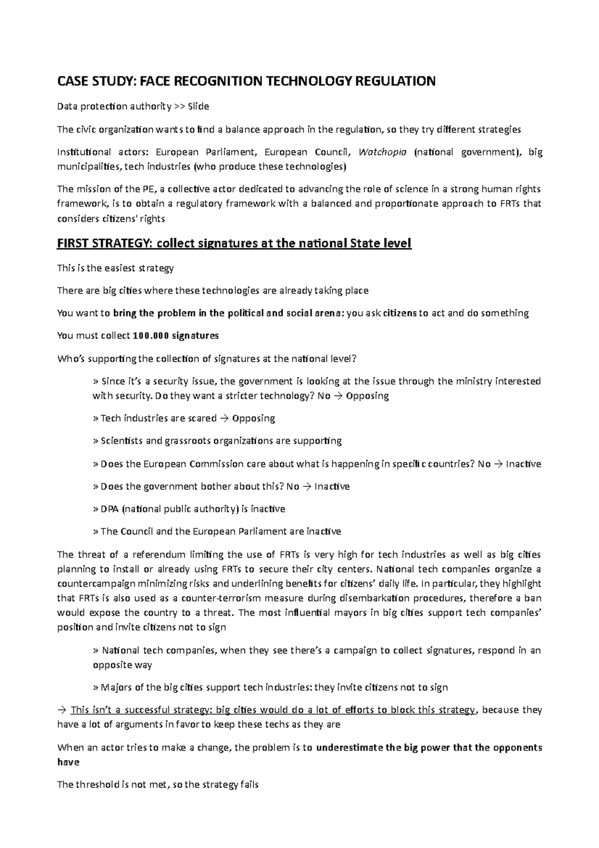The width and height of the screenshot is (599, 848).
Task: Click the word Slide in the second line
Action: [198, 106]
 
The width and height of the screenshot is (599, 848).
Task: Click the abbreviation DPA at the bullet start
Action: [110, 509]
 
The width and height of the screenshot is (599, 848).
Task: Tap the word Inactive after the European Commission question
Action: [523, 464]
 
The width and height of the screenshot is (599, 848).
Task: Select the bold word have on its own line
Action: [68, 763]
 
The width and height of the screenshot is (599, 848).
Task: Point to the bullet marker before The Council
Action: [95, 532]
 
